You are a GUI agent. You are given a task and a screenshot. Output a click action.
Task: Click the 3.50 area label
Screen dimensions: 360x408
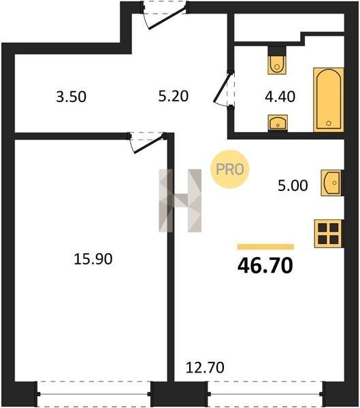coord(71,97)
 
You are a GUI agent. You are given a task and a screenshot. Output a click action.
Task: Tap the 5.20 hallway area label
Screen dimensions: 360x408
coord(174,96)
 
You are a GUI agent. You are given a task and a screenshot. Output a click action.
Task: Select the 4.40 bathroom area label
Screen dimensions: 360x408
coord(280,97)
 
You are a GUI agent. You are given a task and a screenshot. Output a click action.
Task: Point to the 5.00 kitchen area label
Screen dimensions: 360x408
coord(293,186)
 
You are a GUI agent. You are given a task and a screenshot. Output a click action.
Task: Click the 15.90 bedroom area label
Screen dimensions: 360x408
coord(93,259)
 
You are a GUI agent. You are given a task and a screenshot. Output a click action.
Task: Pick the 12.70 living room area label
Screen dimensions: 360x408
coord(205,368)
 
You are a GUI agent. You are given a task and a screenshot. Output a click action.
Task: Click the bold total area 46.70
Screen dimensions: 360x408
coord(265,265)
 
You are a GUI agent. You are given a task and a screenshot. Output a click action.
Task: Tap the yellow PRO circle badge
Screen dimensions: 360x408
coord(230,169)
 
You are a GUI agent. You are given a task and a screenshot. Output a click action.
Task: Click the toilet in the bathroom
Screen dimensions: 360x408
coord(277,61)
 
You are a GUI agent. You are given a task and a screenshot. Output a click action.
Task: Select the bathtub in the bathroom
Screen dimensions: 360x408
coord(329,100)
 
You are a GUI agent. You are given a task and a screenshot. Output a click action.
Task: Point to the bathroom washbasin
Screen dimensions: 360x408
coord(278,122)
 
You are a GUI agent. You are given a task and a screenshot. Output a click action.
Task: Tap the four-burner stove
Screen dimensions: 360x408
coord(329,234)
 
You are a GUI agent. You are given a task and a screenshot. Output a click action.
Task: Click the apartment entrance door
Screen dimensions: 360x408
coord(165,16)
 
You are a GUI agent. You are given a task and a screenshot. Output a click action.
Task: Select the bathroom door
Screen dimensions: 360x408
coord(224,89)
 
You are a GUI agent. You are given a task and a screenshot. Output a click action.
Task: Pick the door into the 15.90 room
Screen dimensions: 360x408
coord(147,143)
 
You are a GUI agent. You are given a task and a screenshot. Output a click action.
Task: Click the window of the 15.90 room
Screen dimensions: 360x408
coord(94,394)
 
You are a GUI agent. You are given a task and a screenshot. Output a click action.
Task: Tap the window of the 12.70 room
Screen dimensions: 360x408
coord(265,394)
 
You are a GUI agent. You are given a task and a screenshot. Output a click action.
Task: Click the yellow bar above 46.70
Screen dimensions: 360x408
coord(265,247)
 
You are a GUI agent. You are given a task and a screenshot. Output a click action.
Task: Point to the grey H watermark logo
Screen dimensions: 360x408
coord(180,201)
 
